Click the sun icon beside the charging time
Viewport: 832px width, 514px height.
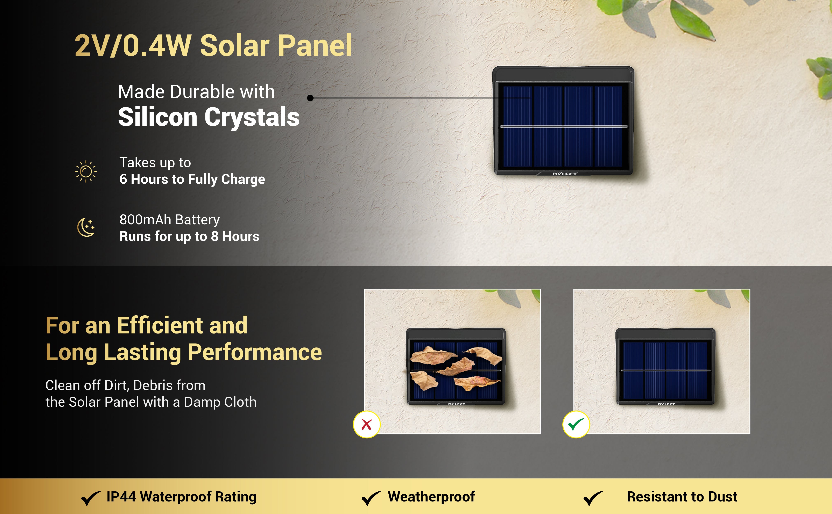point(86,171)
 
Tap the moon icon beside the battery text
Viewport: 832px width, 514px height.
point(86,227)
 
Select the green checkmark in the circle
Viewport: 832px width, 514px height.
point(576,424)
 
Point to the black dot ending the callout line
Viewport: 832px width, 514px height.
point(310,98)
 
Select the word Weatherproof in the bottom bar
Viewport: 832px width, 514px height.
point(431,497)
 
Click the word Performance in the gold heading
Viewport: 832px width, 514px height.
point(255,353)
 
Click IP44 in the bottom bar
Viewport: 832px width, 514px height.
point(121,497)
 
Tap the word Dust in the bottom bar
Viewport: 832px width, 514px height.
point(722,497)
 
